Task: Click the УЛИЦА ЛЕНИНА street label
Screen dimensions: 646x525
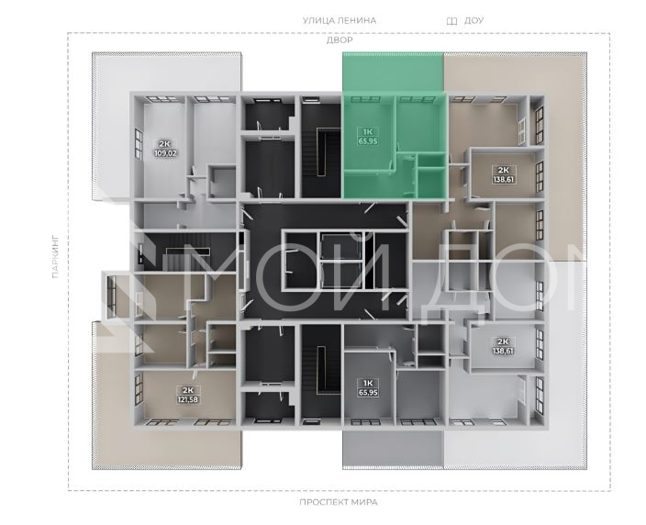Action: (340, 20)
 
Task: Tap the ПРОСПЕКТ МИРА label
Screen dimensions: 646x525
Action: (339, 502)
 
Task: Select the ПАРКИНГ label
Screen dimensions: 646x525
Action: (56, 256)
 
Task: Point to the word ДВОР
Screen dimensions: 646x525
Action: (340, 40)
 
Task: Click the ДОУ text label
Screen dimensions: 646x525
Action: (473, 20)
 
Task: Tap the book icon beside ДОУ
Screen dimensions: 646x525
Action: (452, 21)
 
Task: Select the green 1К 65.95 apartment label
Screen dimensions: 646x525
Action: (368, 137)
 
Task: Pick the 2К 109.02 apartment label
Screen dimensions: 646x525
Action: (165, 149)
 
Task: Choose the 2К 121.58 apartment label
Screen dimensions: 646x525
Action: (188, 395)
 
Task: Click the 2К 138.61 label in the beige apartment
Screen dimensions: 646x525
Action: (504, 174)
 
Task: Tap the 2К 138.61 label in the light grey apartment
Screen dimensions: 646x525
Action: (504, 346)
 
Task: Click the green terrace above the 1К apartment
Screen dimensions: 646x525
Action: (393, 72)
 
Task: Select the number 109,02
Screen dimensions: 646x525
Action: (165, 153)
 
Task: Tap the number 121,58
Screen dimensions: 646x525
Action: (188, 399)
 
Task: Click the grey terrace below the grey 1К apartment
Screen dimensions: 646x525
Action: (393, 449)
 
